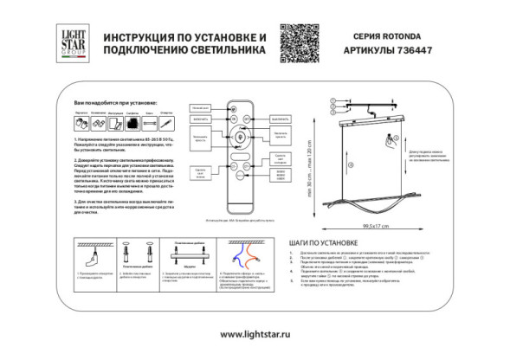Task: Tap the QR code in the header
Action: coord(295,41)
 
